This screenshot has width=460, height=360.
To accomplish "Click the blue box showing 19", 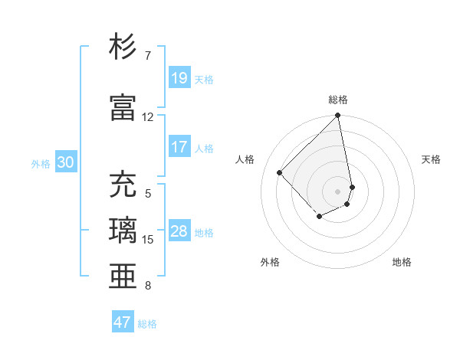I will tap(179, 78).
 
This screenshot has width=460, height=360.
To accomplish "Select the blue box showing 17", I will tap(179, 147).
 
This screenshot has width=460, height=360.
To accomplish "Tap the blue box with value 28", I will tap(179, 231).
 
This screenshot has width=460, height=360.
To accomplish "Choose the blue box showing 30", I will tap(65, 162).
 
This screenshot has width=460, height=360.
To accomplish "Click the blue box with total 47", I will tap(123, 322).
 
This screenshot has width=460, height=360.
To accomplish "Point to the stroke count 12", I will tap(148, 117).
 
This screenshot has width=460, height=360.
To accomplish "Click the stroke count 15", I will tap(148, 240).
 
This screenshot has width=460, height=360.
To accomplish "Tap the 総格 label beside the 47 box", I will tap(147, 324).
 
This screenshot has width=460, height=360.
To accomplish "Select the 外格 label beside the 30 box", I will tap(41, 163).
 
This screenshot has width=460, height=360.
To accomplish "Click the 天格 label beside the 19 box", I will tap(204, 79).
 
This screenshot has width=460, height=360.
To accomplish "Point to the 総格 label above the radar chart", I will tap(338, 100).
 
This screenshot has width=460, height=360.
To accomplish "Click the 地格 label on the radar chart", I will tap(402, 262).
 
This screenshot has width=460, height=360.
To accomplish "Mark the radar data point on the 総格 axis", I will tap(338, 116).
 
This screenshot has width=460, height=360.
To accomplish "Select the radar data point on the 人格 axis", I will tap(281, 172).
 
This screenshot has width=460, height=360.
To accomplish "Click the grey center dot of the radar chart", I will tap(338, 191).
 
